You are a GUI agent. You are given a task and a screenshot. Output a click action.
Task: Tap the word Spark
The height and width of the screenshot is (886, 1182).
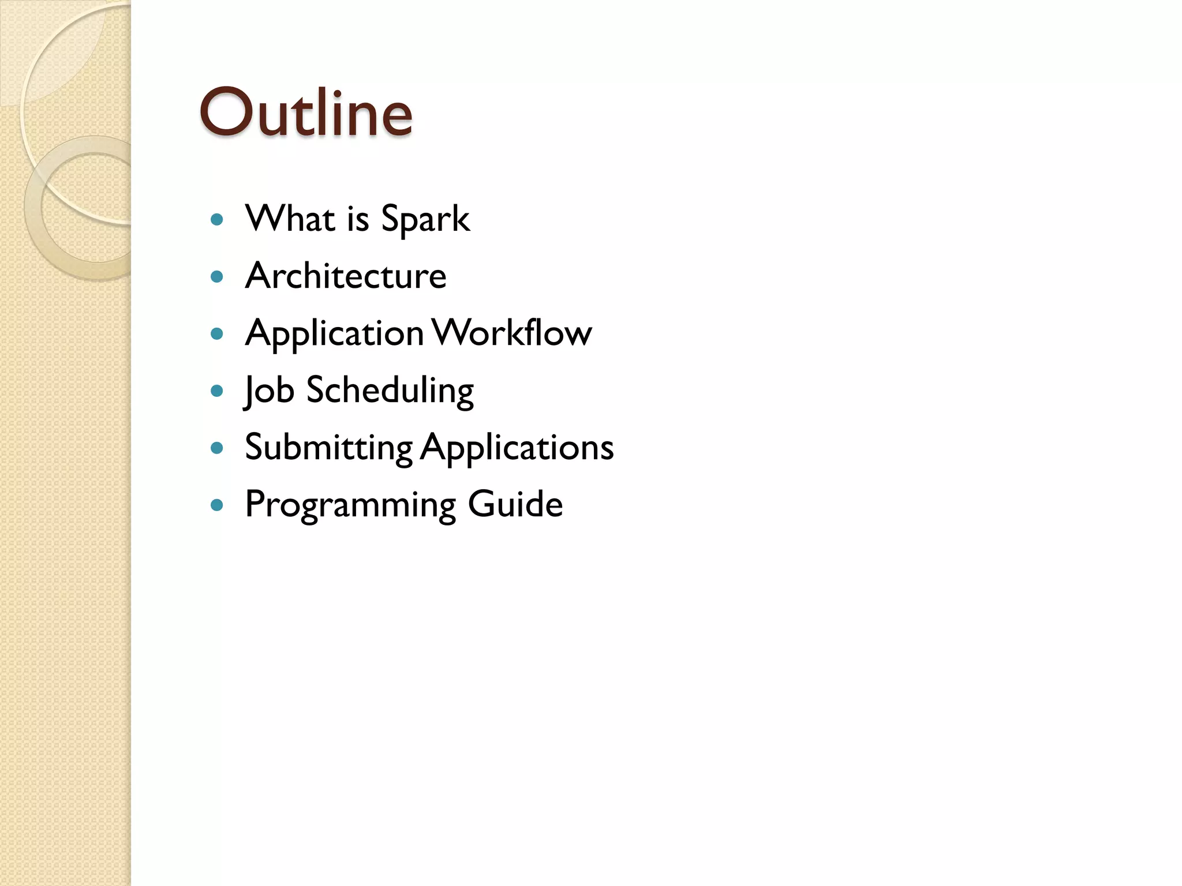click(x=425, y=219)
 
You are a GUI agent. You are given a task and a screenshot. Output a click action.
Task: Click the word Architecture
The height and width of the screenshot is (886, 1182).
click(x=346, y=276)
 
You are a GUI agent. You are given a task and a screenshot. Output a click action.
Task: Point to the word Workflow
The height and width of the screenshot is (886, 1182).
click(x=512, y=333)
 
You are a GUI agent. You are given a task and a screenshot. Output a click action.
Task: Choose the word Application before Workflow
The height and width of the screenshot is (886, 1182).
click(x=335, y=334)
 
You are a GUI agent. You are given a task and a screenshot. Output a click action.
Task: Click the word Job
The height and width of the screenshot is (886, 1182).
click(x=269, y=391)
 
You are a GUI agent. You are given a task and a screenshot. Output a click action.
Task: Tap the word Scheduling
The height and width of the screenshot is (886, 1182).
click(x=390, y=391)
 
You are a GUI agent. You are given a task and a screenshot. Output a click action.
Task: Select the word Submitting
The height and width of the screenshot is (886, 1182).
click(x=329, y=448)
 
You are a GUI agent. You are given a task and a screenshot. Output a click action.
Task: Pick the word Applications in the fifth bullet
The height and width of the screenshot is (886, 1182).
click(x=517, y=448)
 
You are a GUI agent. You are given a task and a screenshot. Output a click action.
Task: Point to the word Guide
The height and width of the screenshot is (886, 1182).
click(x=515, y=504)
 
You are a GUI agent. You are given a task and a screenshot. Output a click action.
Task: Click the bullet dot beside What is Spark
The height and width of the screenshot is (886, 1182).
click(x=217, y=220)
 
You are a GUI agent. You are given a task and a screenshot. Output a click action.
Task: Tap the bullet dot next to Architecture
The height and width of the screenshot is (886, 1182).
click(x=217, y=277)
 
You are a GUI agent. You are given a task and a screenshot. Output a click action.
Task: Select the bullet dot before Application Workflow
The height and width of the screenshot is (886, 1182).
click(x=217, y=334)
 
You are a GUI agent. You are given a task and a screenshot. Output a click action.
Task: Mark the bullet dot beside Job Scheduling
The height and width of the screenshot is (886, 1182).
click(x=217, y=391)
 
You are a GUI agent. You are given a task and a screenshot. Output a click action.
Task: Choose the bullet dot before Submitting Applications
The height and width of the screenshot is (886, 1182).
click(x=217, y=448)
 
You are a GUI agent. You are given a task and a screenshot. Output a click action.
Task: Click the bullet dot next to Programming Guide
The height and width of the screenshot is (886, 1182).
click(x=217, y=505)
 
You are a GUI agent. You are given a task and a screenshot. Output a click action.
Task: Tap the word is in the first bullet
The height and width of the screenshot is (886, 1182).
click(x=358, y=219)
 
